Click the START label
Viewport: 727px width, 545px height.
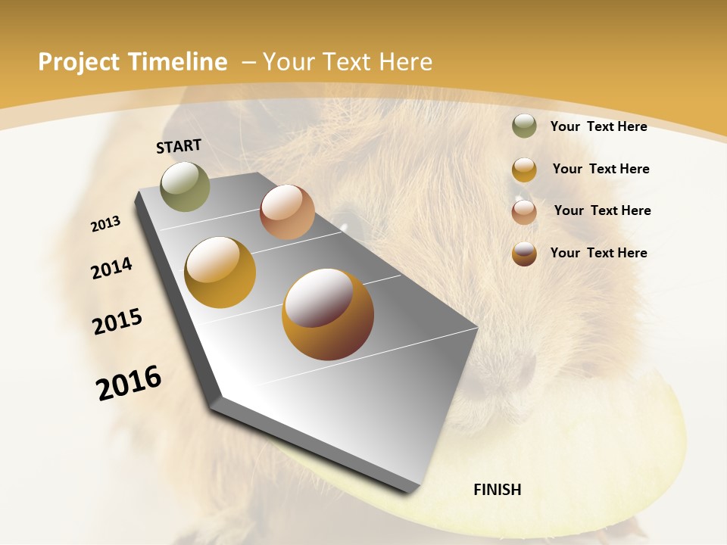179,146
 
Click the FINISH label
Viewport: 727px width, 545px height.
497,490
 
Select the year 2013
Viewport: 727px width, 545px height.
105,224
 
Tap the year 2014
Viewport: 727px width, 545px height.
111,268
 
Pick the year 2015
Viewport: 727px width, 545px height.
117,322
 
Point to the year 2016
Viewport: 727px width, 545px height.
129,383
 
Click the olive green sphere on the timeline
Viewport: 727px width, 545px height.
185,186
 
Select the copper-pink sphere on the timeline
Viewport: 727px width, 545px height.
287,212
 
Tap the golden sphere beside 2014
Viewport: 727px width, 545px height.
220,272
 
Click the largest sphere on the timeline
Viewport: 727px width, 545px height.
328,314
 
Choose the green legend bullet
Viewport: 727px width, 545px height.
524,126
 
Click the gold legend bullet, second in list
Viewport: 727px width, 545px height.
524,170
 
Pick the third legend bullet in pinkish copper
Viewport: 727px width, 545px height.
524,211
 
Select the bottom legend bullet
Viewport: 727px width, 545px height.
524,254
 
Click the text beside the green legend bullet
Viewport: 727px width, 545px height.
598,126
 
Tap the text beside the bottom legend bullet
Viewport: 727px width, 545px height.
598,253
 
